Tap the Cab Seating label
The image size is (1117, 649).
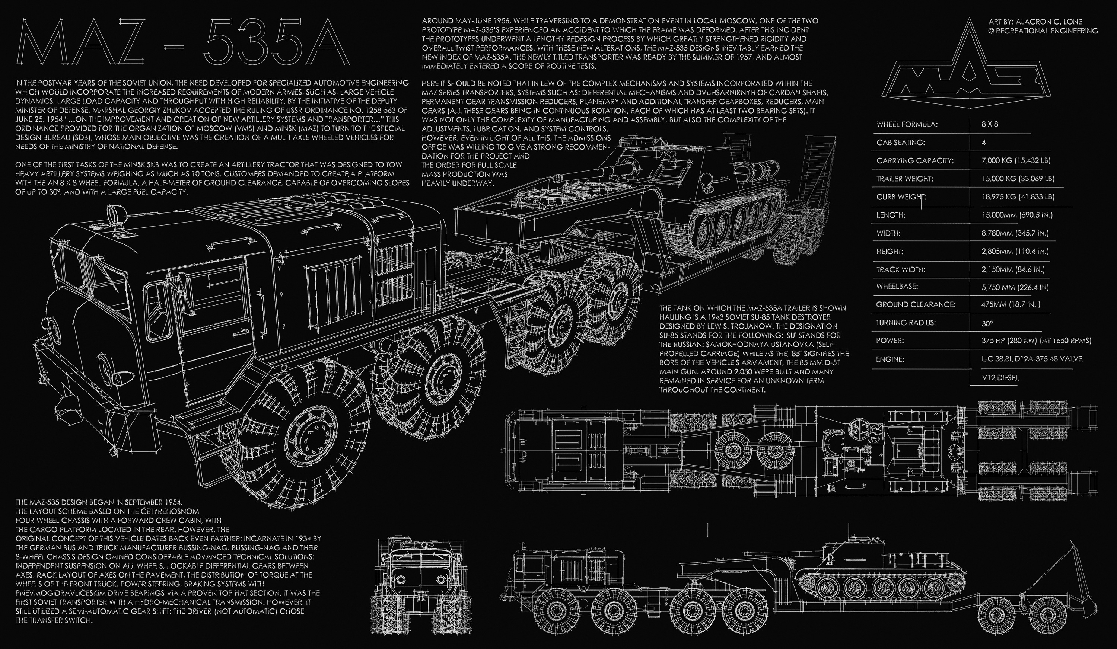click(x=900, y=143)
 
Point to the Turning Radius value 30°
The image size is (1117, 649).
click(x=987, y=323)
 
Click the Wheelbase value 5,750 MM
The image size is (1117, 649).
click(x=1015, y=287)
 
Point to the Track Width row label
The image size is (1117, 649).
click(x=901, y=269)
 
